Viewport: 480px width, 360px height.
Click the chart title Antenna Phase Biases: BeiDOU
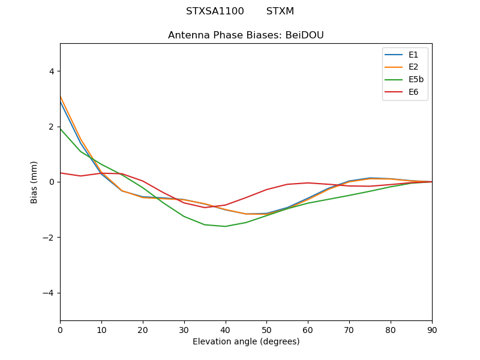coord(246,35)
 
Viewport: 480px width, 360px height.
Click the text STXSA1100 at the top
coord(215,11)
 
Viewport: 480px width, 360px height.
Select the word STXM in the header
coord(280,11)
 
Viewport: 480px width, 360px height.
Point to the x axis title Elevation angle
coord(246,341)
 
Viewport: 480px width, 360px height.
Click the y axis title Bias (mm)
coord(34,182)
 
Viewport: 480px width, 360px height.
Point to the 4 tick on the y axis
coord(51,71)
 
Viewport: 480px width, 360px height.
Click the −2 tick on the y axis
coord(49,238)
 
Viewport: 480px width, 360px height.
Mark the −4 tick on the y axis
coord(49,293)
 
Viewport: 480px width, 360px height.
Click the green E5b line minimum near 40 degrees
coord(225,226)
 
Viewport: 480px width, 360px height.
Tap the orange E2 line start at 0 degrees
coord(61,97)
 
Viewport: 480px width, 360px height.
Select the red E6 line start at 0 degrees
coord(61,173)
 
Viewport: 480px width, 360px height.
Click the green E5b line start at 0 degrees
coord(61,128)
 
